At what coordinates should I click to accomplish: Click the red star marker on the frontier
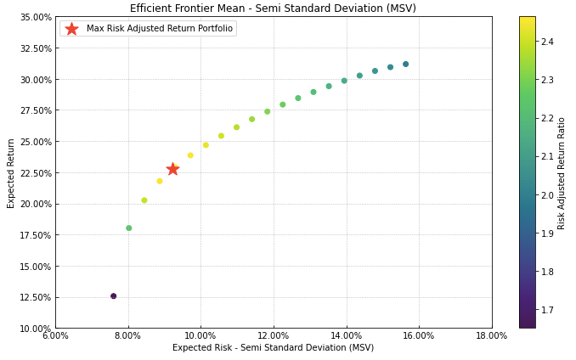tap(172, 169)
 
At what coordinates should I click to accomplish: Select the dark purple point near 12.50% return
tap(113, 296)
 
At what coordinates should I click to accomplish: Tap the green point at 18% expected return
tap(129, 228)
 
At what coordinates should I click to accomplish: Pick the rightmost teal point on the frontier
tap(405, 65)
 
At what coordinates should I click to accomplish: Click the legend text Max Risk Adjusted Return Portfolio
tap(159, 29)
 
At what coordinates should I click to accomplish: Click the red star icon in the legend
tap(71, 29)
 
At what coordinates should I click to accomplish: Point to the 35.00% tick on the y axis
tap(35, 17)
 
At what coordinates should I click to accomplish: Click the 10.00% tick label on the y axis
tap(35, 329)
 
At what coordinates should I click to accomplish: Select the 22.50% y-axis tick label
tap(35, 172)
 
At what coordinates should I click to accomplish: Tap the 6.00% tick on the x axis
tap(56, 336)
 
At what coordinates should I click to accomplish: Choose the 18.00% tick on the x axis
tap(491, 336)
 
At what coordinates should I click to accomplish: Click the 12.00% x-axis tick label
tap(274, 336)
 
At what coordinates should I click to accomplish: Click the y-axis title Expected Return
tap(11, 172)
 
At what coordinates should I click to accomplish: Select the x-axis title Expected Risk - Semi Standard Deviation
tap(273, 348)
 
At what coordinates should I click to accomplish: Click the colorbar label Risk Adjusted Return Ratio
tap(562, 172)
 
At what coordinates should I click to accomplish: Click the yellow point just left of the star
tap(159, 181)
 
